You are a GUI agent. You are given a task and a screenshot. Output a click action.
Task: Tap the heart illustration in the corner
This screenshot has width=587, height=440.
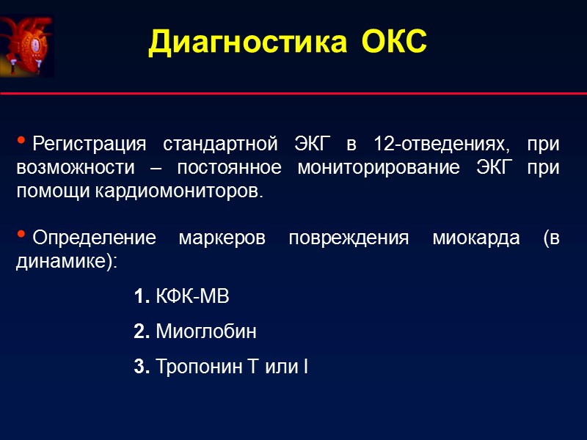pyautogui.click(x=27, y=45)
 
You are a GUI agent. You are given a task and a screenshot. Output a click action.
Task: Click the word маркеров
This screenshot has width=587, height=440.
pyautogui.click(x=225, y=238)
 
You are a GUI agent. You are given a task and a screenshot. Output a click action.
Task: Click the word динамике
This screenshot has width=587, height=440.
pyautogui.click(x=63, y=262)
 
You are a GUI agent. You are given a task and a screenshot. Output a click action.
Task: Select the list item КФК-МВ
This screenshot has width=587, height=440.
pyautogui.click(x=193, y=297)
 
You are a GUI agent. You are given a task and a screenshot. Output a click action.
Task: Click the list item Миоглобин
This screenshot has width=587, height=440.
pyautogui.click(x=206, y=332)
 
